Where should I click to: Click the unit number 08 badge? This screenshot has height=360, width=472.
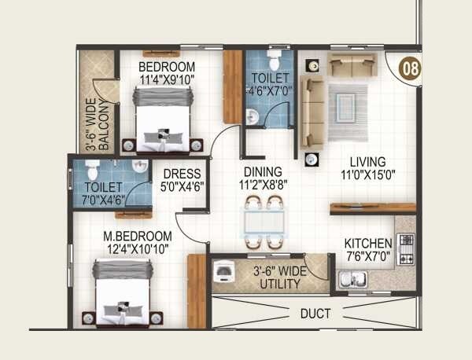tap(409, 68)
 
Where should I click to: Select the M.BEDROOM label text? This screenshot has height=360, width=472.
tap(138, 236)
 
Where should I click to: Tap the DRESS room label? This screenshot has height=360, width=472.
tap(182, 174)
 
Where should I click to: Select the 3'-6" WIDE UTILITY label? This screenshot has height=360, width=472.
tap(279, 277)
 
